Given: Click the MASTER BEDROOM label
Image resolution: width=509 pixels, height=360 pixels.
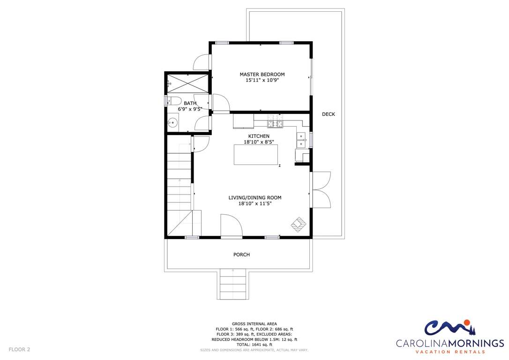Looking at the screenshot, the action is tap(262, 75).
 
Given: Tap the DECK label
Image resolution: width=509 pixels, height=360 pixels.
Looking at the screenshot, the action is tap(328, 114).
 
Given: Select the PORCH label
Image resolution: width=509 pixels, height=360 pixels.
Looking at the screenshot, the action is tap(241, 255).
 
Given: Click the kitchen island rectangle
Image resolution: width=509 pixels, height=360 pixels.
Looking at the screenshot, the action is tap(256, 155).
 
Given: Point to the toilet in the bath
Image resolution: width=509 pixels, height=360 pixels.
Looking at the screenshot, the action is tap(172, 101).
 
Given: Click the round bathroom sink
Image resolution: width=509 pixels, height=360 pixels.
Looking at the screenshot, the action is tap(173, 123).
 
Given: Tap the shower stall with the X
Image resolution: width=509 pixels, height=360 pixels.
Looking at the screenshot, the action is tap(187, 83).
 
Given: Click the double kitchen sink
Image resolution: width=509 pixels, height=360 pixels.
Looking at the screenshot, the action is tap(301, 140).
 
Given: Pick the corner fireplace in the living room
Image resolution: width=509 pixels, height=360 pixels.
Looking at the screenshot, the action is tap(299, 225).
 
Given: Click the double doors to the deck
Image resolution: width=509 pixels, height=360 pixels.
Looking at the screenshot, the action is tap(321, 189).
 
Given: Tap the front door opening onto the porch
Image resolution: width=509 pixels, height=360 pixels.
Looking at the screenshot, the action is tap(232, 226).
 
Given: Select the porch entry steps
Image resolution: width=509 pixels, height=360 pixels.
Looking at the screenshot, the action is tap(233, 284).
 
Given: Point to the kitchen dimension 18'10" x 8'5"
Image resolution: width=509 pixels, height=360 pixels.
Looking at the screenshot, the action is tap(259, 142).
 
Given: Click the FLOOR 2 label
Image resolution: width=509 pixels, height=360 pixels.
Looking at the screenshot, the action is tap(19, 350).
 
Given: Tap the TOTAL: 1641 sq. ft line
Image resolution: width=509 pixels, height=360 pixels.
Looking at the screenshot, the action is tap(254, 345).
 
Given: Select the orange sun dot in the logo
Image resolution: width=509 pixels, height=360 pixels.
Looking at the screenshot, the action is tap(467, 322).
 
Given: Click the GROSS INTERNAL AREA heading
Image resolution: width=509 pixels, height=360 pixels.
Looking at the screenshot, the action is tap(254, 324).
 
